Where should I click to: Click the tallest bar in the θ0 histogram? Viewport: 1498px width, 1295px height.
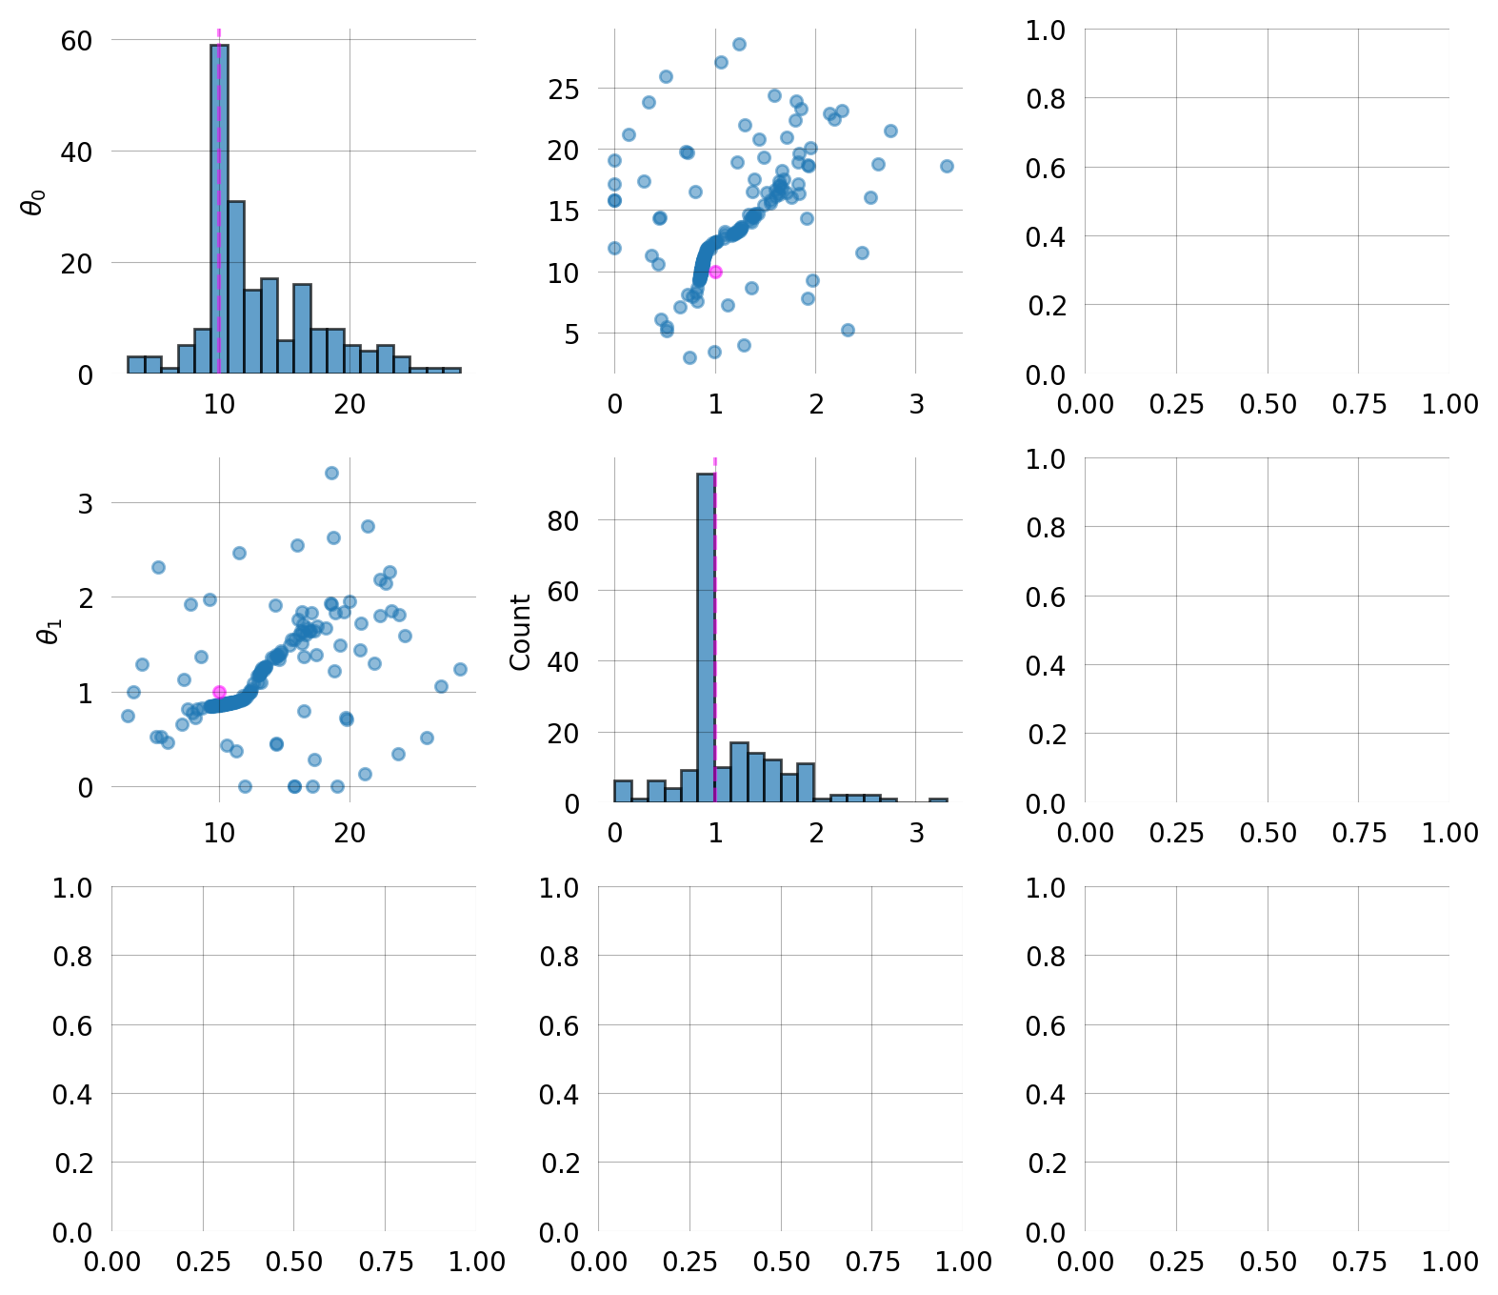coord(219,210)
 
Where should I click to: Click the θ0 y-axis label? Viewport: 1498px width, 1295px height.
coord(34,202)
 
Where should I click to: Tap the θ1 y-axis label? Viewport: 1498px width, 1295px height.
coord(49,631)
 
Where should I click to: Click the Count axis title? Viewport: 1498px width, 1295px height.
coord(520,632)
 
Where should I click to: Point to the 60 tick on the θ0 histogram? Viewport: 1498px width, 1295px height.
coord(76,41)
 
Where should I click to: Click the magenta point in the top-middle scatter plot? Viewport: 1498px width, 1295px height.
coord(715,272)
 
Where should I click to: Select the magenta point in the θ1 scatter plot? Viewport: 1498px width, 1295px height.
coord(219,692)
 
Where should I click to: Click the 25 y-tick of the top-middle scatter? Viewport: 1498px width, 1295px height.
coord(564,89)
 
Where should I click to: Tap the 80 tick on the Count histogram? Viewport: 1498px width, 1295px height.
coord(564,520)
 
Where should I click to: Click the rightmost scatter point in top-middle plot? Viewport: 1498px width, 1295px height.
coord(947,166)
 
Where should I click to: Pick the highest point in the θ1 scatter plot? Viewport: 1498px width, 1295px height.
coord(331,473)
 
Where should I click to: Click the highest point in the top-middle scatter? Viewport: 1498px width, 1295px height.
coord(739,44)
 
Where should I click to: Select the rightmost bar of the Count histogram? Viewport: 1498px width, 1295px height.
coord(938,800)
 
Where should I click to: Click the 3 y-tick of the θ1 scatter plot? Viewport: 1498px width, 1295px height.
coord(86,503)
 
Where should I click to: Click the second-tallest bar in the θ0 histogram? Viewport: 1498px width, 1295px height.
coord(236,287)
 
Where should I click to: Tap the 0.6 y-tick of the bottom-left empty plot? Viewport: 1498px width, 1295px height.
coord(72,1025)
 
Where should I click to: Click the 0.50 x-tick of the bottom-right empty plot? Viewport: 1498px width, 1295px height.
coord(1268,1262)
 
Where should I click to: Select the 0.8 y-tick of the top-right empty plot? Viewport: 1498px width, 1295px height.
coord(1046,98)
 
